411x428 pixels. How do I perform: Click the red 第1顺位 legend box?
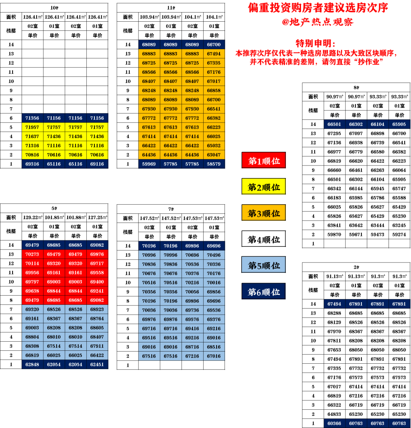(264, 161)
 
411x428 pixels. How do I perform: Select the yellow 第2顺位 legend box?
(264, 187)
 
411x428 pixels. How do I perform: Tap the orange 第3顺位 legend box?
(264, 213)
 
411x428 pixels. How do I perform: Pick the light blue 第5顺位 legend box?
(264, 265)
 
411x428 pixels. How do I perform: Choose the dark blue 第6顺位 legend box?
(264, 292)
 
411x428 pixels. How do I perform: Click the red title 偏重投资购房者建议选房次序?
(318, 8)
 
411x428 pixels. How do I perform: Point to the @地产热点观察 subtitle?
(318, 22)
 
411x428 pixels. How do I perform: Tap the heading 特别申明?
(315, 43)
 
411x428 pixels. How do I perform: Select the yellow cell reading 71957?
(32, 127)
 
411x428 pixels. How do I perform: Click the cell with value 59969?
(149, 164)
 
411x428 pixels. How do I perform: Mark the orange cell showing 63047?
(214, 155)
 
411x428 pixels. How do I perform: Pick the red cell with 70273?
(32, 254)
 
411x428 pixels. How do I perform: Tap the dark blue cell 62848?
(32, 364)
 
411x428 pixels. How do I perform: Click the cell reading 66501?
(334, 124)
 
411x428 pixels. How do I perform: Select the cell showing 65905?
(399, 124)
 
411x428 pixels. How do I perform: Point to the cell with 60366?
(334, 423)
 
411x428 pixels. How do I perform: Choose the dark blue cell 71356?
(32, 118)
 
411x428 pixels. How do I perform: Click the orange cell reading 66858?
(214, 91)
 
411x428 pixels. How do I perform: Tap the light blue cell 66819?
(32, 355)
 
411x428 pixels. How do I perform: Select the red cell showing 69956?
(32, 272)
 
